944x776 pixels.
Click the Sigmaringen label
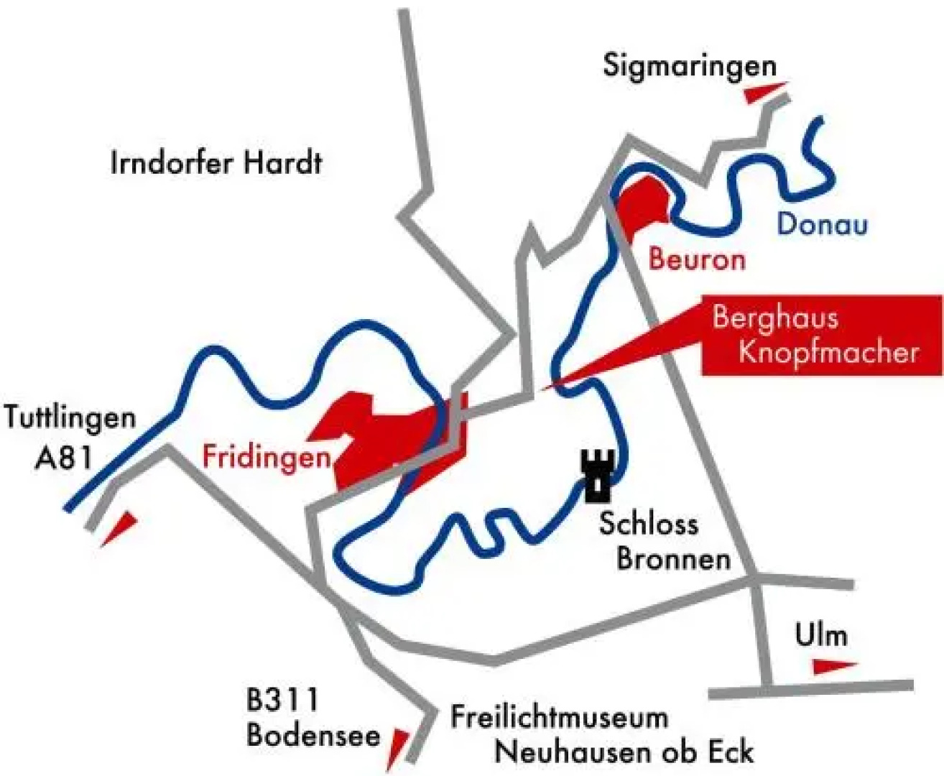pos(690,67)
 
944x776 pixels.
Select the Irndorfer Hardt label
pos(216,163)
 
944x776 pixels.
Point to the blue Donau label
pos(822,224)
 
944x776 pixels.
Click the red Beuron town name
pos(696,259)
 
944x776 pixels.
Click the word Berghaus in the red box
pos(775,317)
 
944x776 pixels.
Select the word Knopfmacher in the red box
pos(828,352)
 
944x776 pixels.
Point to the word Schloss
pos(648,523)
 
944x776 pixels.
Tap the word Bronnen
pos(673,559)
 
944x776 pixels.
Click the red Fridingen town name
pos(266,457)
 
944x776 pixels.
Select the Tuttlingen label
pos(70,417)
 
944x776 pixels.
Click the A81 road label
pos(64,458)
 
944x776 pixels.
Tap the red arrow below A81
pos(119,529)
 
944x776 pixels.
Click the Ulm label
pos(821,635)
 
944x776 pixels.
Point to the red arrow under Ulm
pos(833,666)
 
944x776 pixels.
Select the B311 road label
pos(282,698)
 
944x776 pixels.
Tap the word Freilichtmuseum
pos(559,717)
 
